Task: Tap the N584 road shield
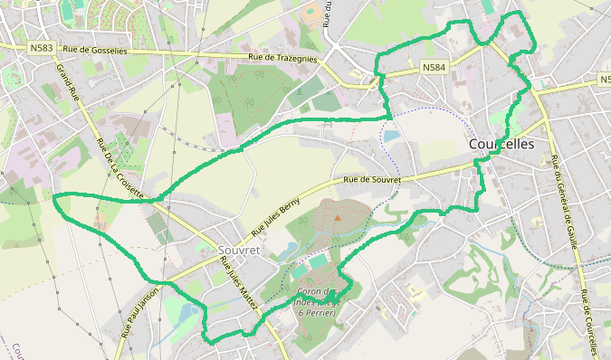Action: pos(434,67)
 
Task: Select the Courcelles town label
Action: pos(501,145)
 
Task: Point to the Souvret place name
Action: pos(240,248)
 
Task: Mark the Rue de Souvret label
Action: pos(371,180)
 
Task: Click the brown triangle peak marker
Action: pos(338,217)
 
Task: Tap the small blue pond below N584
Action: pos(391,136)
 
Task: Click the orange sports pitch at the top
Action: pos(312,15)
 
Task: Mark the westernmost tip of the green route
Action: pos(54,196)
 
